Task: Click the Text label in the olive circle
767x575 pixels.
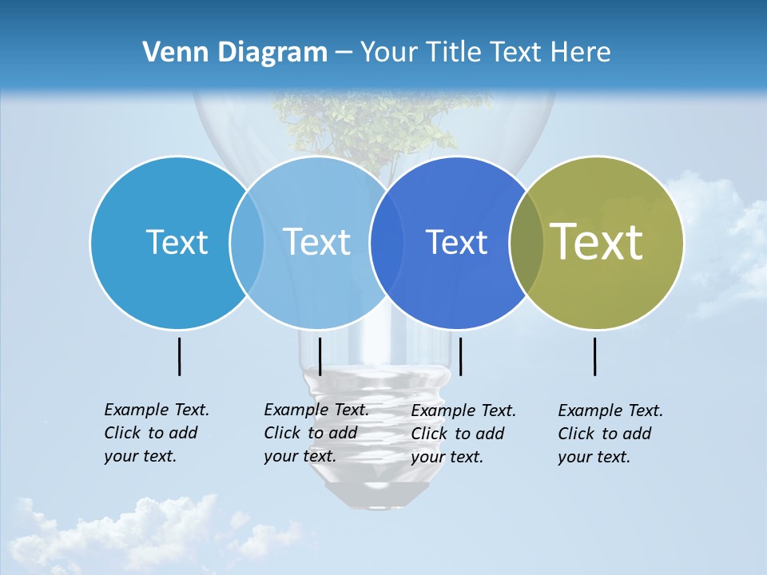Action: click(x=597, y=242)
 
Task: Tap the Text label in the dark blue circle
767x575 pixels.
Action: click(x=456, y=243)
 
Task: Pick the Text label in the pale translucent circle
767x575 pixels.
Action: click(x=317, y=242)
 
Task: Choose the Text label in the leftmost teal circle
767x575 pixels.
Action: click(x=177, y=242)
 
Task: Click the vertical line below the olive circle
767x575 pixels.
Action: click(x=594, y=356)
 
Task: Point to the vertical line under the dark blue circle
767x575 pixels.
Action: click(x=461, y=356)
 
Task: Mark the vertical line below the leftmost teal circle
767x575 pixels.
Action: click(x=179, y=356)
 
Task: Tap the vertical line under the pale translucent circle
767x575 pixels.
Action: click(x=320, y=356)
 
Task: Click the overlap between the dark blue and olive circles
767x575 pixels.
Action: click(x=526, y=243)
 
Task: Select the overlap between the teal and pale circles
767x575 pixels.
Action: click(x=247, y=243)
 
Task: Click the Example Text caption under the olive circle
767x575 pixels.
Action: click(x=610, y=434)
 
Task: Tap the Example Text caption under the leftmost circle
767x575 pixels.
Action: click(x=156, y=433)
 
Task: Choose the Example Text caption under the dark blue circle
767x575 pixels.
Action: click(x=463, y=434)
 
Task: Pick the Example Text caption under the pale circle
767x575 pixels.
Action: click(x=316, y=433)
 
